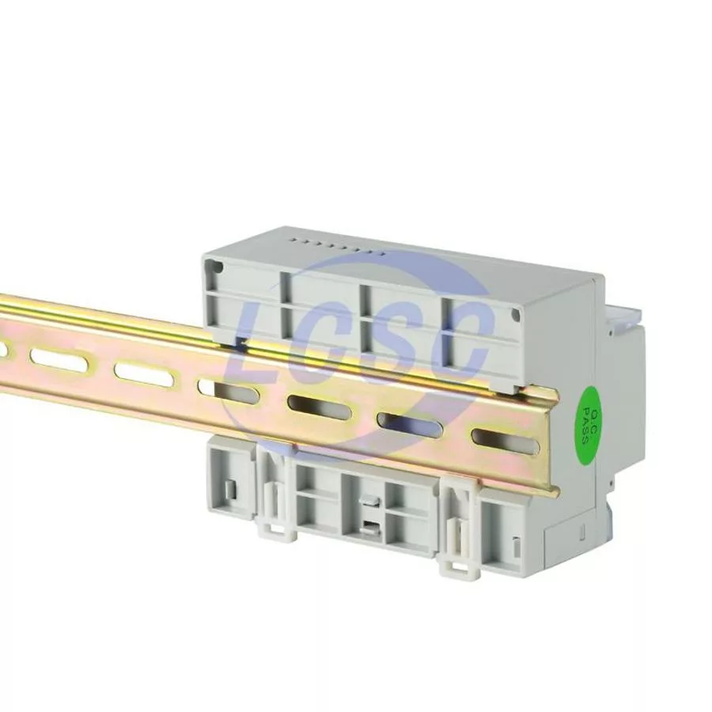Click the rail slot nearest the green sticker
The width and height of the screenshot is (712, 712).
coord(506,441)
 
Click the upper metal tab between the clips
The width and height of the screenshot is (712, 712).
coord(368,502)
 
